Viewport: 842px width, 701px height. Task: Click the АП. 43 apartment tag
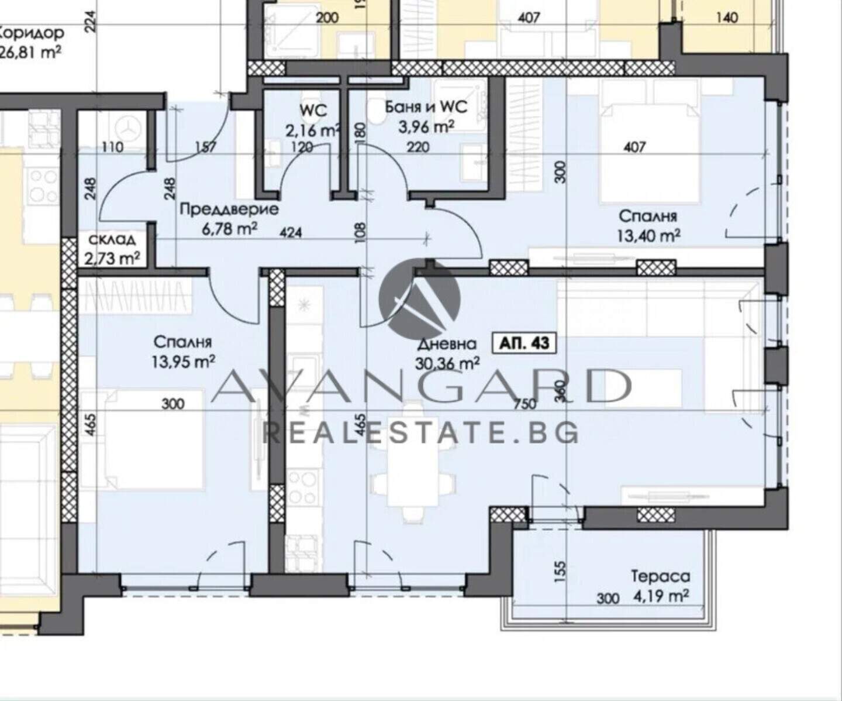[x=524, y=343]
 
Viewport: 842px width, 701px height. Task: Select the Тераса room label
[x=661, y=576]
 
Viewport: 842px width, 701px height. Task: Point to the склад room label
[x=112, y=240]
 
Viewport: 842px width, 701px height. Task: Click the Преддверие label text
[x=229, y=209]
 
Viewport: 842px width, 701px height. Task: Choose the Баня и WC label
[x=426, y=107]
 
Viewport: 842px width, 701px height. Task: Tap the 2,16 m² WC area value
[x=312, y=130]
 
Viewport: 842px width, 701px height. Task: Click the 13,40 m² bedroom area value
[x=649, y=235]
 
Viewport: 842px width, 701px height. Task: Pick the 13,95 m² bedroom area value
[x=183, y=361]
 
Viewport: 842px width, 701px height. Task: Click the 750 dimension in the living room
[x=525, y=404]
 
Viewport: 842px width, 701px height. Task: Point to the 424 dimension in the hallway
[x=291, y=233]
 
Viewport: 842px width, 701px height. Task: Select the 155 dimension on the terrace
[x=560, y=572]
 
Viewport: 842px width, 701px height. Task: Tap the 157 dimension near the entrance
[x=206, y=147]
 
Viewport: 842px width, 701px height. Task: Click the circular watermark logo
[x=419, y=298]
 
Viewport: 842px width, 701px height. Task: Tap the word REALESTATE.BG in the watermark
[x=420, y=433]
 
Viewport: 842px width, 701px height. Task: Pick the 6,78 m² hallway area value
[x=229, y=229]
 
